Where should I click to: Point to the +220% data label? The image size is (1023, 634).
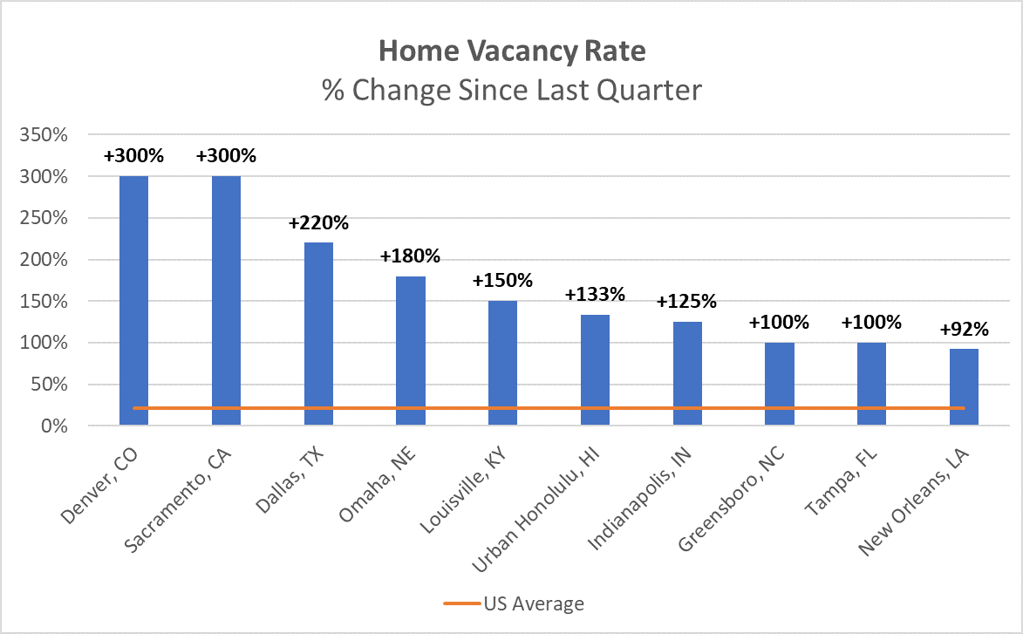click(x=318, y=223)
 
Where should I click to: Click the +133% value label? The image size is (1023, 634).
click(x=595, y=295)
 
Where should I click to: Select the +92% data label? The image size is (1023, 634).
click(x=964, y=330)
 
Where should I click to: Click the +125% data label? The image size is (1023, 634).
click(x=687, y=302)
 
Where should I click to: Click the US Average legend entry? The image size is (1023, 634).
click(x=533, y=603)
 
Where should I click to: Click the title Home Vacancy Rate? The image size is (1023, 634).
click(x=512, y=51)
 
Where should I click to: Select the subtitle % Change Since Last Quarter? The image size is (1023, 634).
click(x=512, y=90)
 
